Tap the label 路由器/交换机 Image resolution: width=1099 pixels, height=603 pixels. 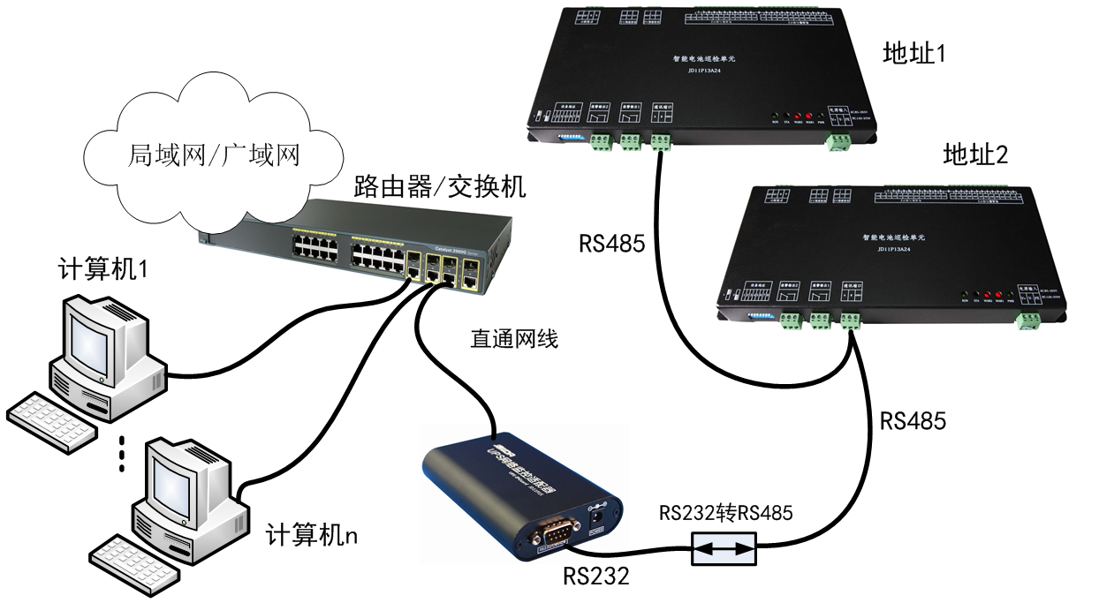coord(439,187)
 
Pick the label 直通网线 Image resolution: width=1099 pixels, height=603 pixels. coord(514,339)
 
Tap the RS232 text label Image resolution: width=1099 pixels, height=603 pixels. coord(597,577)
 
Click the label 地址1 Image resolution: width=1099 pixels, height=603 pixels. coord(914,55)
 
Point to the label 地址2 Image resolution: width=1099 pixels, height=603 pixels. coord(975,156)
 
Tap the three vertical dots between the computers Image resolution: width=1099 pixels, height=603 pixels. coord(122,452)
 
